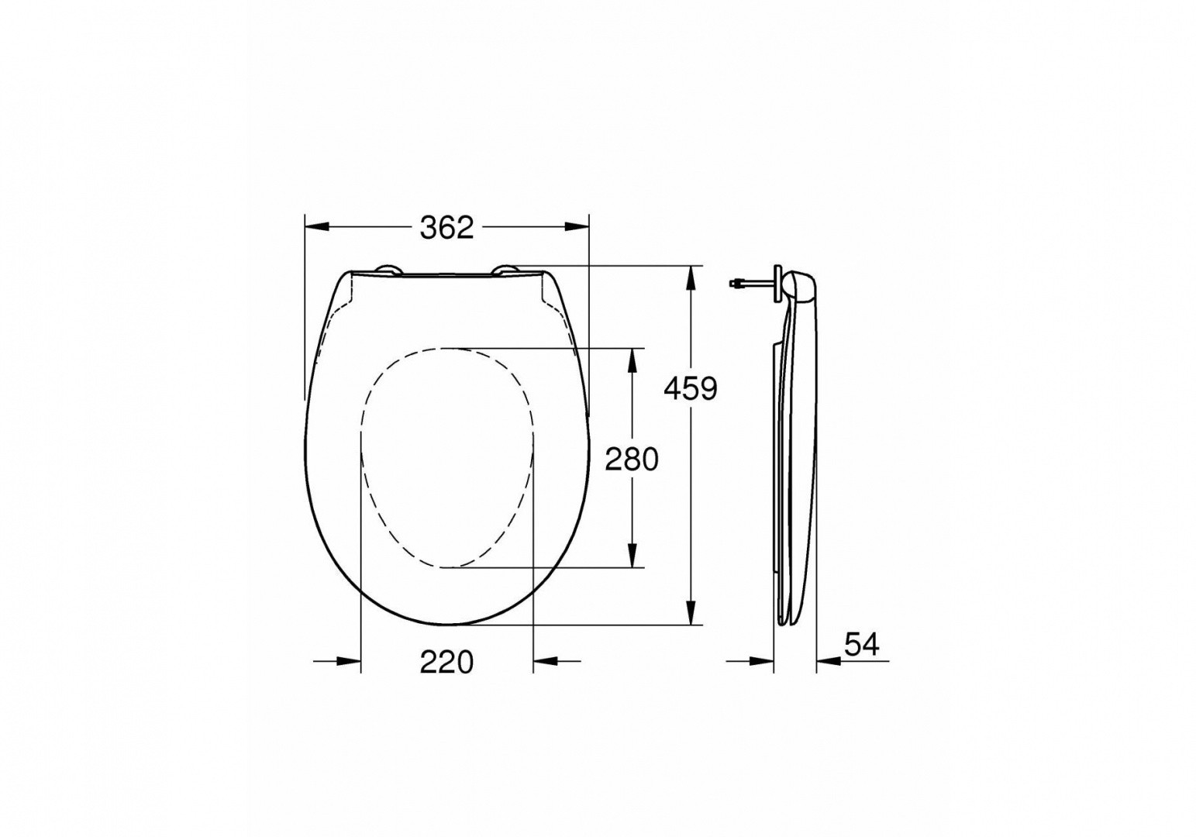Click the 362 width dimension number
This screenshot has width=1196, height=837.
click(x=446, y=227)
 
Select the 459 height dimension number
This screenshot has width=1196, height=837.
click(x=691, y=388)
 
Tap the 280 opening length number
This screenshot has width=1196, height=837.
click(x=632, y=460)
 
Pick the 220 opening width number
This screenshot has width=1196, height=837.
click(x=446, y=662)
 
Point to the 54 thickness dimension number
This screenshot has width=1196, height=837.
click(x=861, y=644)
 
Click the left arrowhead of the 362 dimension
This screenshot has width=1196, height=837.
click(x=317, y=227)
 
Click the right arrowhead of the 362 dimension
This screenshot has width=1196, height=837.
click(x=577, y=227)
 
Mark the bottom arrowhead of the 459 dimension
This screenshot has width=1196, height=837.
click(x=690, y=612)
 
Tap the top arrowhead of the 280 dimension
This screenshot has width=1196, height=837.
click(x=633, y=360)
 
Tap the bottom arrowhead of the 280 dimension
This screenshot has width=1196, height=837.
click(x=633, y=555)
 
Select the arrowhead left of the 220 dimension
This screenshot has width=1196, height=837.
click(x=349, y=661)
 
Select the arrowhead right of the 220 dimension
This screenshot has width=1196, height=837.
click(x=546, y=661)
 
